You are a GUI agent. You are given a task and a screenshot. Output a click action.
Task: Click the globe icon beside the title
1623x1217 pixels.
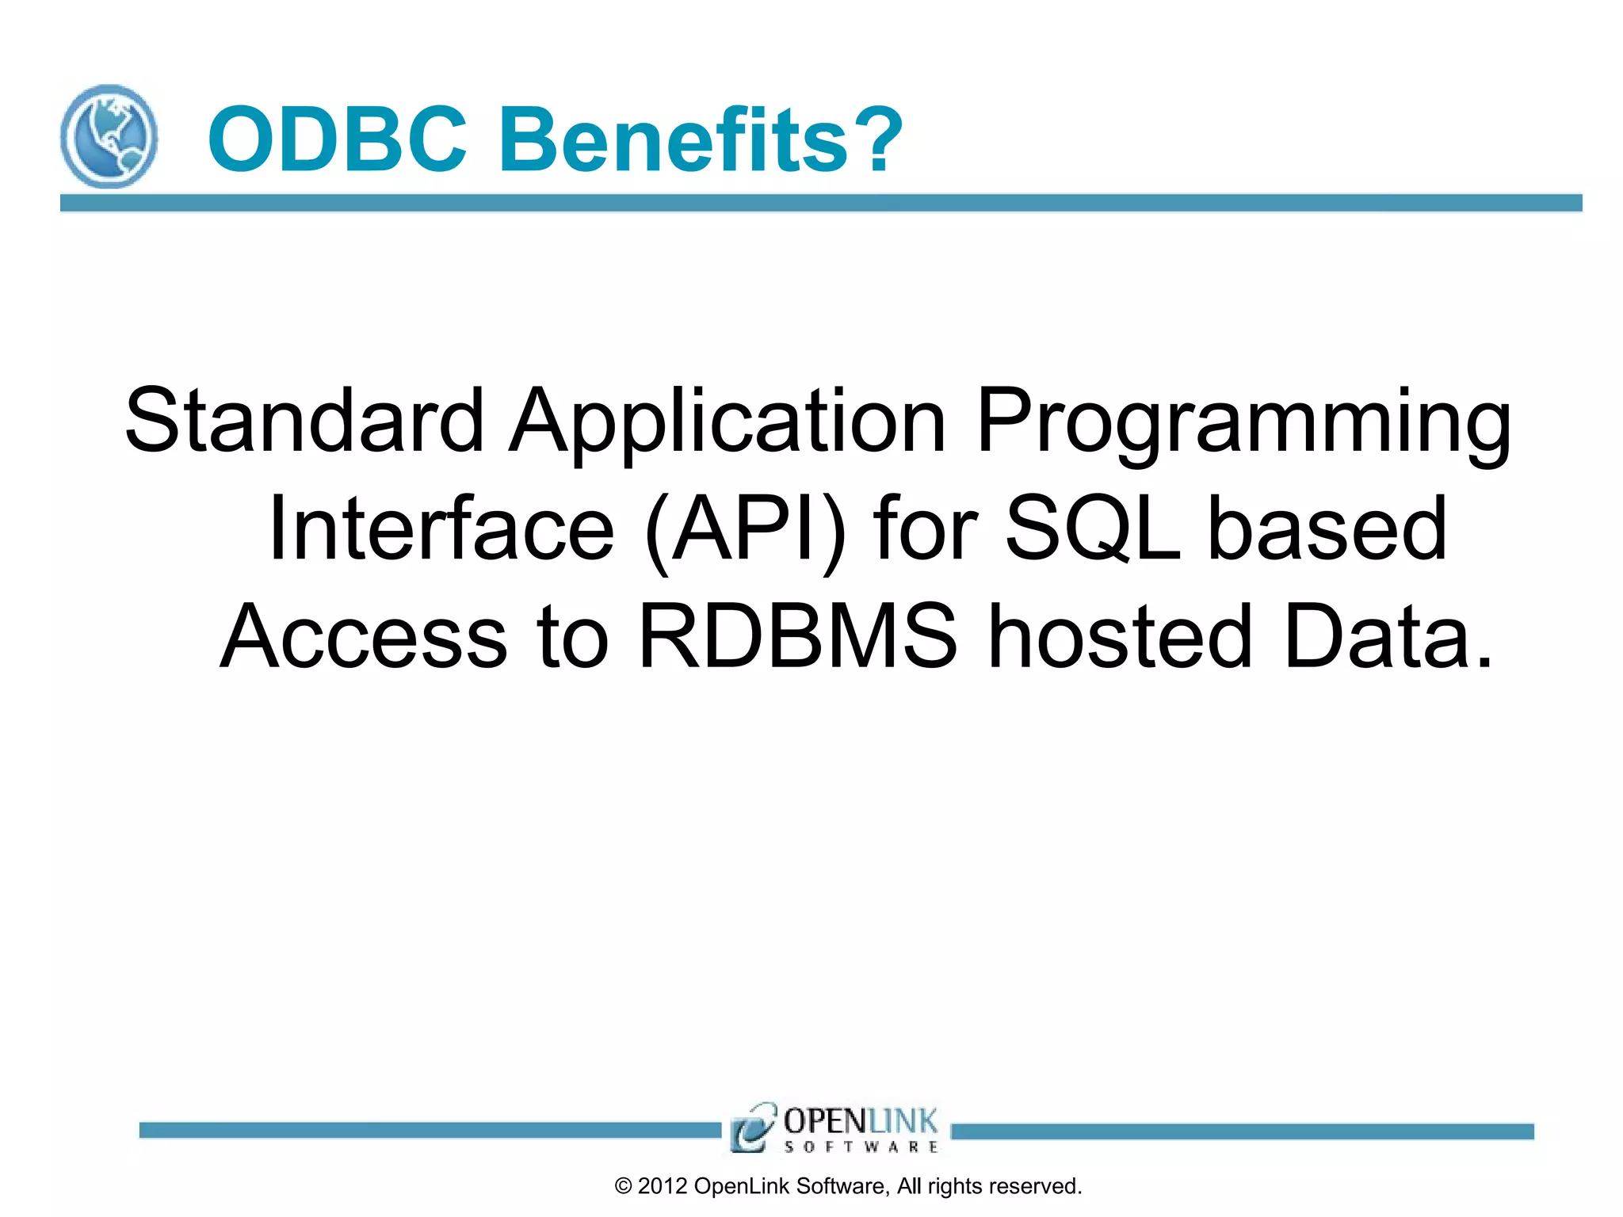[x=109, y=136]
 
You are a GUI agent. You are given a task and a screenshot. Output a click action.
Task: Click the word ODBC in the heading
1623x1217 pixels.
[x=336, y=139]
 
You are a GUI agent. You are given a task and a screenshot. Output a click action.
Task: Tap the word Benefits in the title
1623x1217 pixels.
[x=674, y=139]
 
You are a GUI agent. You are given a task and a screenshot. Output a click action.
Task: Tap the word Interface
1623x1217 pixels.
[x=441, y=528]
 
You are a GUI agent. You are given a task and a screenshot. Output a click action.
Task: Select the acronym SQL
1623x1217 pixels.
[x=1093, y=528]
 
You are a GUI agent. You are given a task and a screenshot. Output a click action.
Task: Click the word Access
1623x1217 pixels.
[x=363, y=636]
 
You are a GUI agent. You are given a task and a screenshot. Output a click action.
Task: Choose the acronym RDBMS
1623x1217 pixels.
[x=797, y=636]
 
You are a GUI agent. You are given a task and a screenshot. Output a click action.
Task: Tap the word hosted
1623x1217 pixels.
[x=1121, y=636]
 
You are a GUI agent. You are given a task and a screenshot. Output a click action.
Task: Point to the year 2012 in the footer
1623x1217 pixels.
[x=662, y=1186]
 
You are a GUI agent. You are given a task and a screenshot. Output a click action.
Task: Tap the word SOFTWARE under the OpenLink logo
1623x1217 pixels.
[x=861, y=1146]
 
